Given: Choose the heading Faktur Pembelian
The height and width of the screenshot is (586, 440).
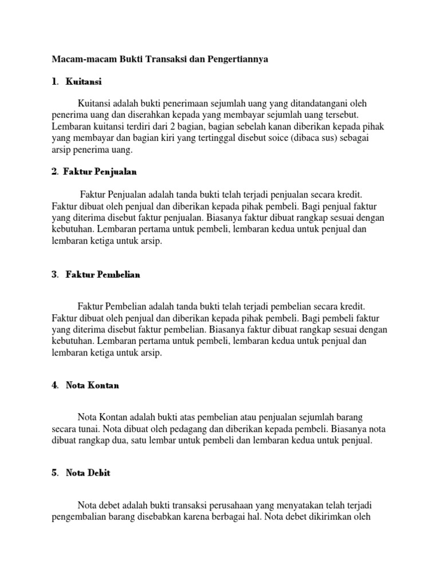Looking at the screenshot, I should pos(103,274).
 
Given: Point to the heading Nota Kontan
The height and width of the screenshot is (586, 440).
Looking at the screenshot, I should pos(92,385).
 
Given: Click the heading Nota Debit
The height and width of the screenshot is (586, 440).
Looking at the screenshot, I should pos(88,473).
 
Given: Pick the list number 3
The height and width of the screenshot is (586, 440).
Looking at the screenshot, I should pos(54,274).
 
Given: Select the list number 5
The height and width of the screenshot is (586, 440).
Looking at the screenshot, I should pos(54,473).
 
